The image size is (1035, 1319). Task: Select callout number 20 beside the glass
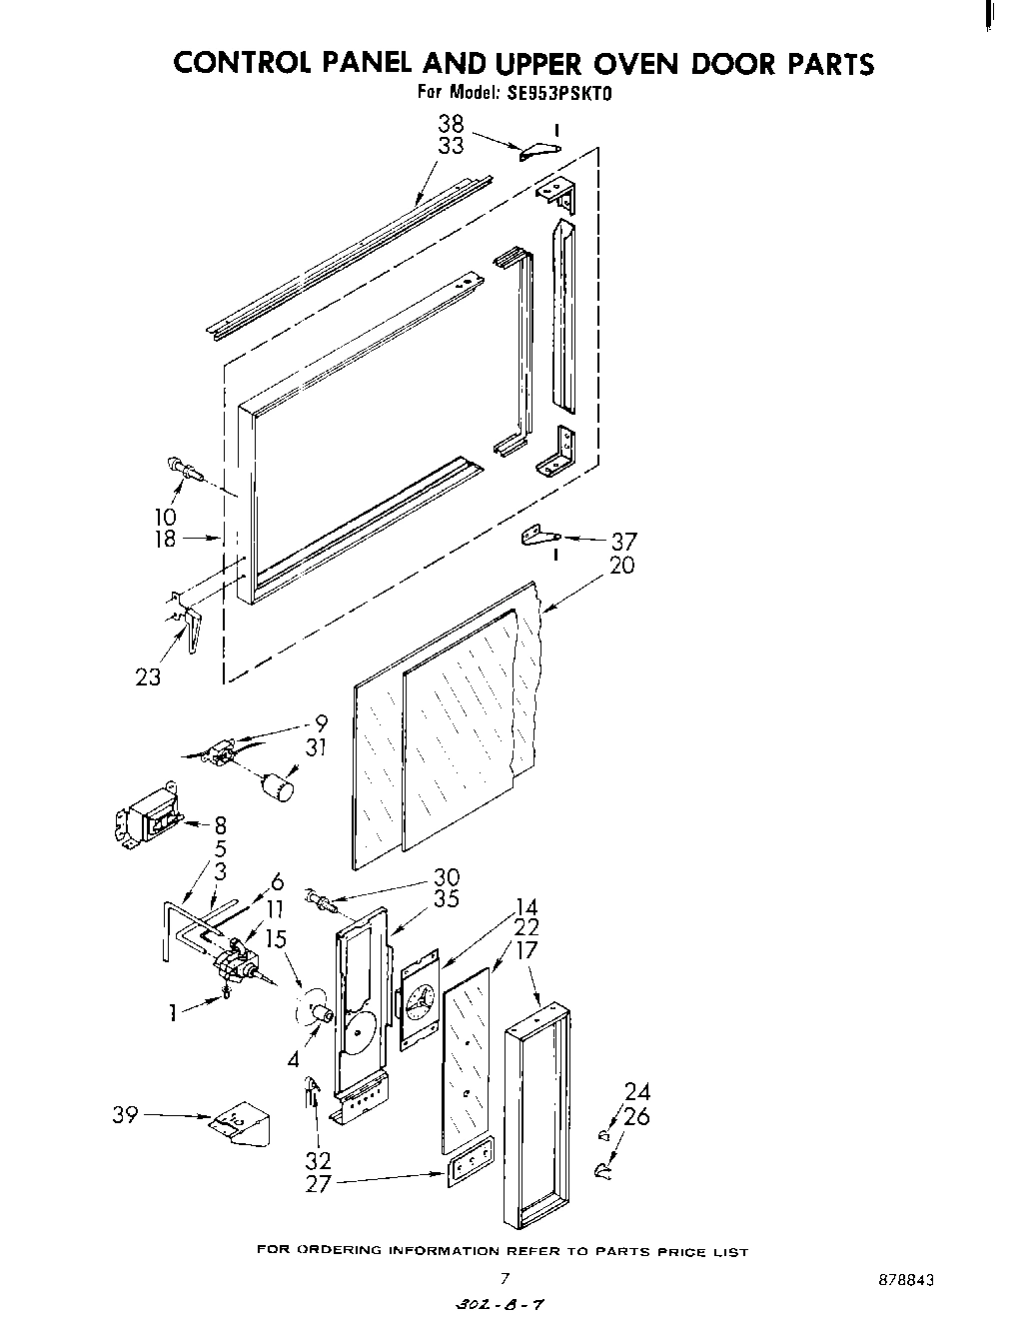coord(621,566)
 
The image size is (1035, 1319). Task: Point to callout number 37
coord(623,542)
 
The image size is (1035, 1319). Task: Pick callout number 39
coord(125,1115)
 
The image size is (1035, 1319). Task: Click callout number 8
coord(220,825)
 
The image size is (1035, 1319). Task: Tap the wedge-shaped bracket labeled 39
coord(242,1124)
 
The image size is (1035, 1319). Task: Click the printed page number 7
coord(506,1278)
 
